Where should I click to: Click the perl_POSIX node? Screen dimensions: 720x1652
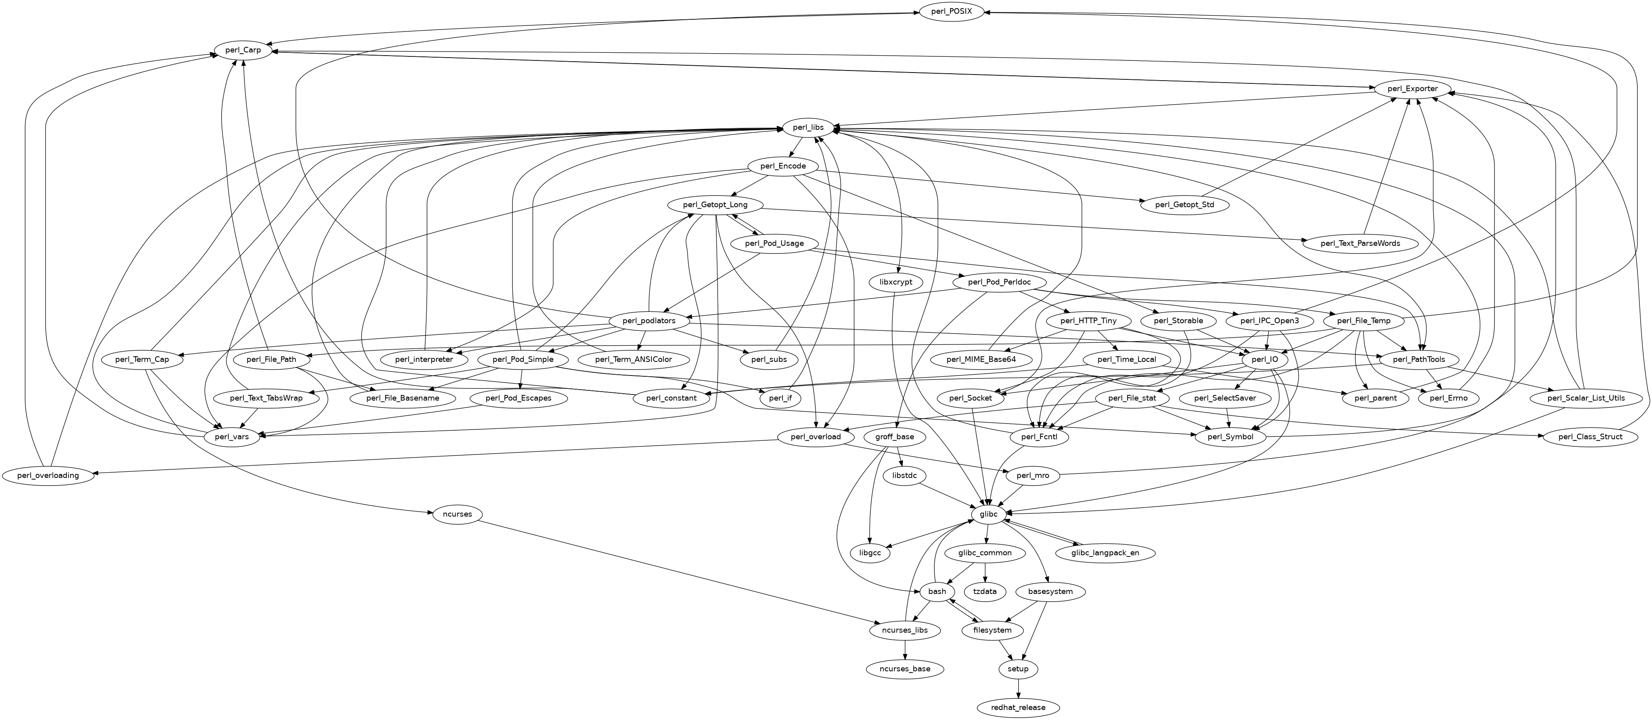point(952,12)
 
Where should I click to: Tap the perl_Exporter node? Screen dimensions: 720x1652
point(1412,89)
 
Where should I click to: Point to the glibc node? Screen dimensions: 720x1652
point(988,514)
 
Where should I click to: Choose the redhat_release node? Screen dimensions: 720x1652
point(1018,707)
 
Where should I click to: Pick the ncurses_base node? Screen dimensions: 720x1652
point(905,669)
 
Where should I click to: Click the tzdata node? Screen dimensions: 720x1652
point(985,591)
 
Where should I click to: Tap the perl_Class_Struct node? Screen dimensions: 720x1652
point(1590,437)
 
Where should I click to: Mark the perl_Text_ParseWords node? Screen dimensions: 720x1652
point(1360,244)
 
